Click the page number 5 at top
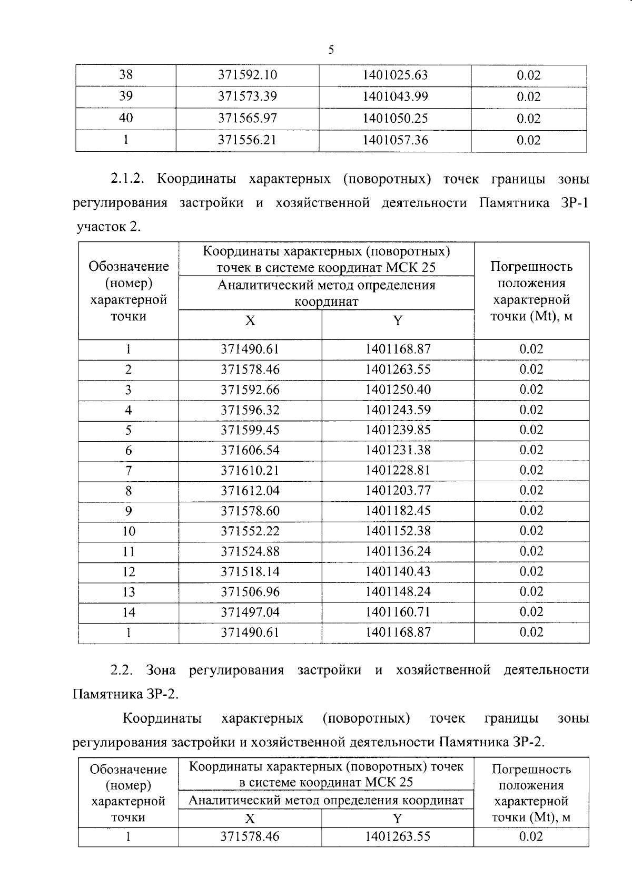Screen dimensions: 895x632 coord(331,50)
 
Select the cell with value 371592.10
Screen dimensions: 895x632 coord(248,75)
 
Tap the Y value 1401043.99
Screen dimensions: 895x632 coord(395,97)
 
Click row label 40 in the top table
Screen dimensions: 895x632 coord(126,118)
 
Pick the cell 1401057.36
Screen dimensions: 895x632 coord(395,140)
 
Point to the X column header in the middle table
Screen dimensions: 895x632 coord(250,321)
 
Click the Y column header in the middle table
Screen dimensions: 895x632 coord(398,321)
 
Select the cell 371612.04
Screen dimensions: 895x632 coord(250,491)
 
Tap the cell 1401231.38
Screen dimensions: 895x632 coord(398,450)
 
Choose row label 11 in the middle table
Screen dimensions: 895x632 coord(129,552)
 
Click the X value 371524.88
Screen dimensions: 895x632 coord(250,552)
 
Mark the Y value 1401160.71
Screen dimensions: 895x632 coord(398,612)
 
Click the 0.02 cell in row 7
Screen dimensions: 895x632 coord(531,470)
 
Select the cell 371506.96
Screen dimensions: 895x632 coord(250,592)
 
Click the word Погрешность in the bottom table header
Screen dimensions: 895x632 coord(531,770)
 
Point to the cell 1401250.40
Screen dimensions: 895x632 coord(398,390)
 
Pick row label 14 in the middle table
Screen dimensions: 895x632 coord(129,612)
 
